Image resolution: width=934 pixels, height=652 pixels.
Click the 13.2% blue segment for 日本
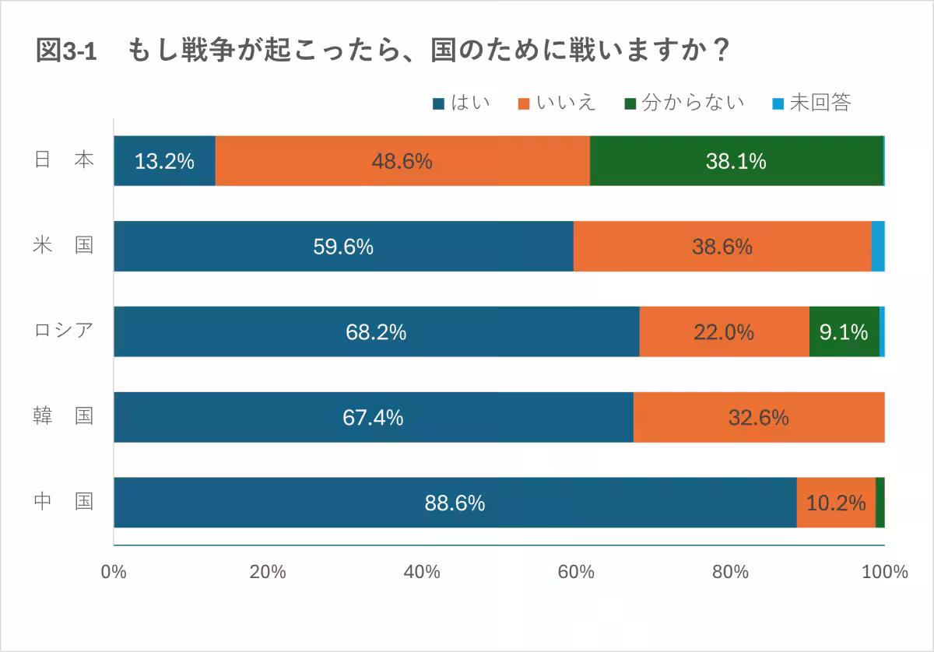164,161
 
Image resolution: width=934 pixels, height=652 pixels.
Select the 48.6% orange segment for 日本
402,161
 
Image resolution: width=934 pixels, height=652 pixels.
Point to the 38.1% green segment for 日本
736,161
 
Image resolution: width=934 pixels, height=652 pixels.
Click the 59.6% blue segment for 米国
343,247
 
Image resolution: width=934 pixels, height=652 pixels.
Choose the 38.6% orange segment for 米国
722,247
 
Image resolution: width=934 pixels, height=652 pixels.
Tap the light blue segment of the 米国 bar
877,247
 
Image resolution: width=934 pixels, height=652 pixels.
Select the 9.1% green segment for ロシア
844,332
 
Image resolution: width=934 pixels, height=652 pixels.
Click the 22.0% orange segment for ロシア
724,332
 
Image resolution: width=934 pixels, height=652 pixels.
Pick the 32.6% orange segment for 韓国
758,418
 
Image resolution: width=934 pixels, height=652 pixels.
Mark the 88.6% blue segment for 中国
455,503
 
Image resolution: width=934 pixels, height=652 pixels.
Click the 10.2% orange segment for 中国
836,503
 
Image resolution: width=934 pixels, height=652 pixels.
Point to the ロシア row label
64,331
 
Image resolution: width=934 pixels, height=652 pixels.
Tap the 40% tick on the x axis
423,573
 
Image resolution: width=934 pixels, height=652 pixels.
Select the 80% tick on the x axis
730,573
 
